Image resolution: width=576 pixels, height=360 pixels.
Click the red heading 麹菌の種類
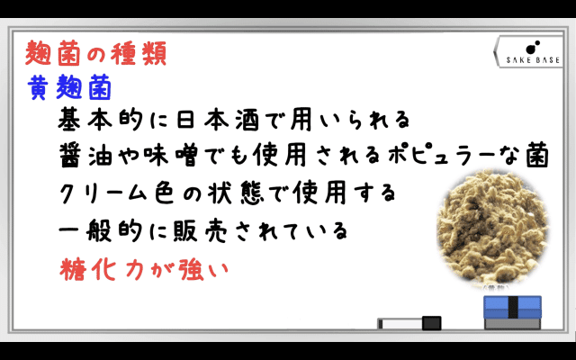(x=96, y=54)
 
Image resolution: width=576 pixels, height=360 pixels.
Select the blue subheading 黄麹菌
(x=69, y=87)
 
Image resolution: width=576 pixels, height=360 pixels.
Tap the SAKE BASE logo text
(x=533, y=60)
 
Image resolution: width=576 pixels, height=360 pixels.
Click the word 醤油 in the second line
(x=87, y=155)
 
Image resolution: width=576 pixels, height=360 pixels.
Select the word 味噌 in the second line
(x=171, y=155)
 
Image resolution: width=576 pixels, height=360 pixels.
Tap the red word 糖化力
(x=102, y=270)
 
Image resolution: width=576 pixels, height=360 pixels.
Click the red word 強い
(x=202, y=270)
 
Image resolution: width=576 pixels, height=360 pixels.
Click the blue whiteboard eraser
(x=512, y=312)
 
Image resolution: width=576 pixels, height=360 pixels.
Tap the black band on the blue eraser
(x=513, y=307)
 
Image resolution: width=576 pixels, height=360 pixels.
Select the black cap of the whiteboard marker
(x=432, y=323)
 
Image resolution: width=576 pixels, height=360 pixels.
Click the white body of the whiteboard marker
(x=401, y=324)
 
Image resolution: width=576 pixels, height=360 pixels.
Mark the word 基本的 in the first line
(x=100, y=120)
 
